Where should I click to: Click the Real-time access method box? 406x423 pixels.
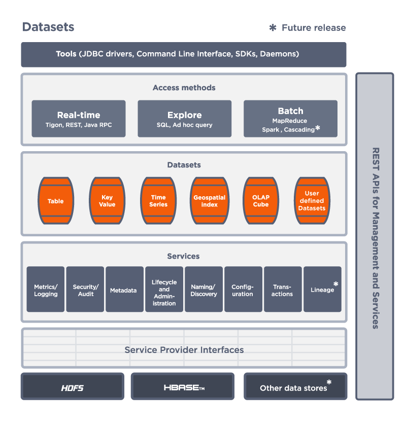[x=78, y=119]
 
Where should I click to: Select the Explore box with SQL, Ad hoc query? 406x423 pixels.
[x=184, y=119]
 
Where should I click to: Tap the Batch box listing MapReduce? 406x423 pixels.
[x=290, y=119]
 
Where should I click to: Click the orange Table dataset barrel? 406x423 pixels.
[x=56, y=201]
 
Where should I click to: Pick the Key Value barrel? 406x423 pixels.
[x=107, y=201]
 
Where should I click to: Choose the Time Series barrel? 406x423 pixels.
[x=158, y=201]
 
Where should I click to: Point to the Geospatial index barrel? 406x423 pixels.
[x=209, y=201]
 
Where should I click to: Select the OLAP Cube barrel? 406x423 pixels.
[x=261, y=201]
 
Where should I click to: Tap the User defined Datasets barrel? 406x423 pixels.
[x=312, y=201]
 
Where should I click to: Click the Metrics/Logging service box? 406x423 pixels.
[x=46, y=290]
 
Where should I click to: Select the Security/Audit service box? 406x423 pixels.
[x=85, y=290]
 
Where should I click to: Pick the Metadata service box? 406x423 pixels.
[x=125, y=290]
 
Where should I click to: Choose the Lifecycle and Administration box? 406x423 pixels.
[x=164, y=290]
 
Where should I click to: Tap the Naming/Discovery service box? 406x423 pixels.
[x=204, y=290]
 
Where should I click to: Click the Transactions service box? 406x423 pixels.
[x=283, y=290]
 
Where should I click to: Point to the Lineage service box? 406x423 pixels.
[x=322, y=290]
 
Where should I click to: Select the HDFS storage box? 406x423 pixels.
[x=72, y=387]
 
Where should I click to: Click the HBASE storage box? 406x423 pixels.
[x=183, y=387]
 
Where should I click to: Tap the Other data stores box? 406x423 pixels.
[x=295, y=387]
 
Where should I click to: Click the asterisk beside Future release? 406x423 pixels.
[x=273, y=28]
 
